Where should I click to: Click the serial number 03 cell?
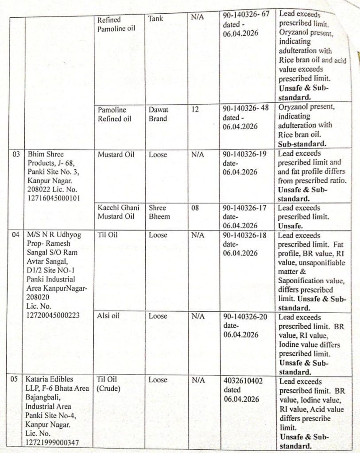pos(15,155)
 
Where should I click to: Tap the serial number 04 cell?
pos(16,235)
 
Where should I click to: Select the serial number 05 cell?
pos(15,380)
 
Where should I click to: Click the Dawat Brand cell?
pos(158,114)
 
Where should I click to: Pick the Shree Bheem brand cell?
pos(159,212)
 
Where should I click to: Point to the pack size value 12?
pos(195,109)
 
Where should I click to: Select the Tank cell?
pos(155,19)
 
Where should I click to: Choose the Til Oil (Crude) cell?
pos(108,384)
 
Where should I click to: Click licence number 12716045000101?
pos(54,198)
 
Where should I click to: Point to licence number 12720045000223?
pos(54,315)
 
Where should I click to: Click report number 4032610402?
pos(243,380)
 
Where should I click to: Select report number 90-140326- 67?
pos(246,15)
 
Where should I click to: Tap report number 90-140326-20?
pos(245,317)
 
